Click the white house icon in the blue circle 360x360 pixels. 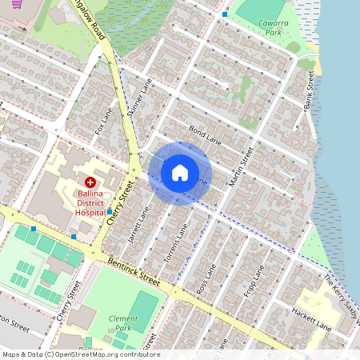(x=181, y=172)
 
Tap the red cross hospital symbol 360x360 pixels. (x=90, y=182)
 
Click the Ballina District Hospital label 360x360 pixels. (x=90, y=203)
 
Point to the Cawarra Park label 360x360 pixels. (x=274, y=28)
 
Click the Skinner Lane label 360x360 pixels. (x=145, y=99)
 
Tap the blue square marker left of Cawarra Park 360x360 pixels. (x=225, y=14)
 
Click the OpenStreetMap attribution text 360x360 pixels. (x=80, y=354)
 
